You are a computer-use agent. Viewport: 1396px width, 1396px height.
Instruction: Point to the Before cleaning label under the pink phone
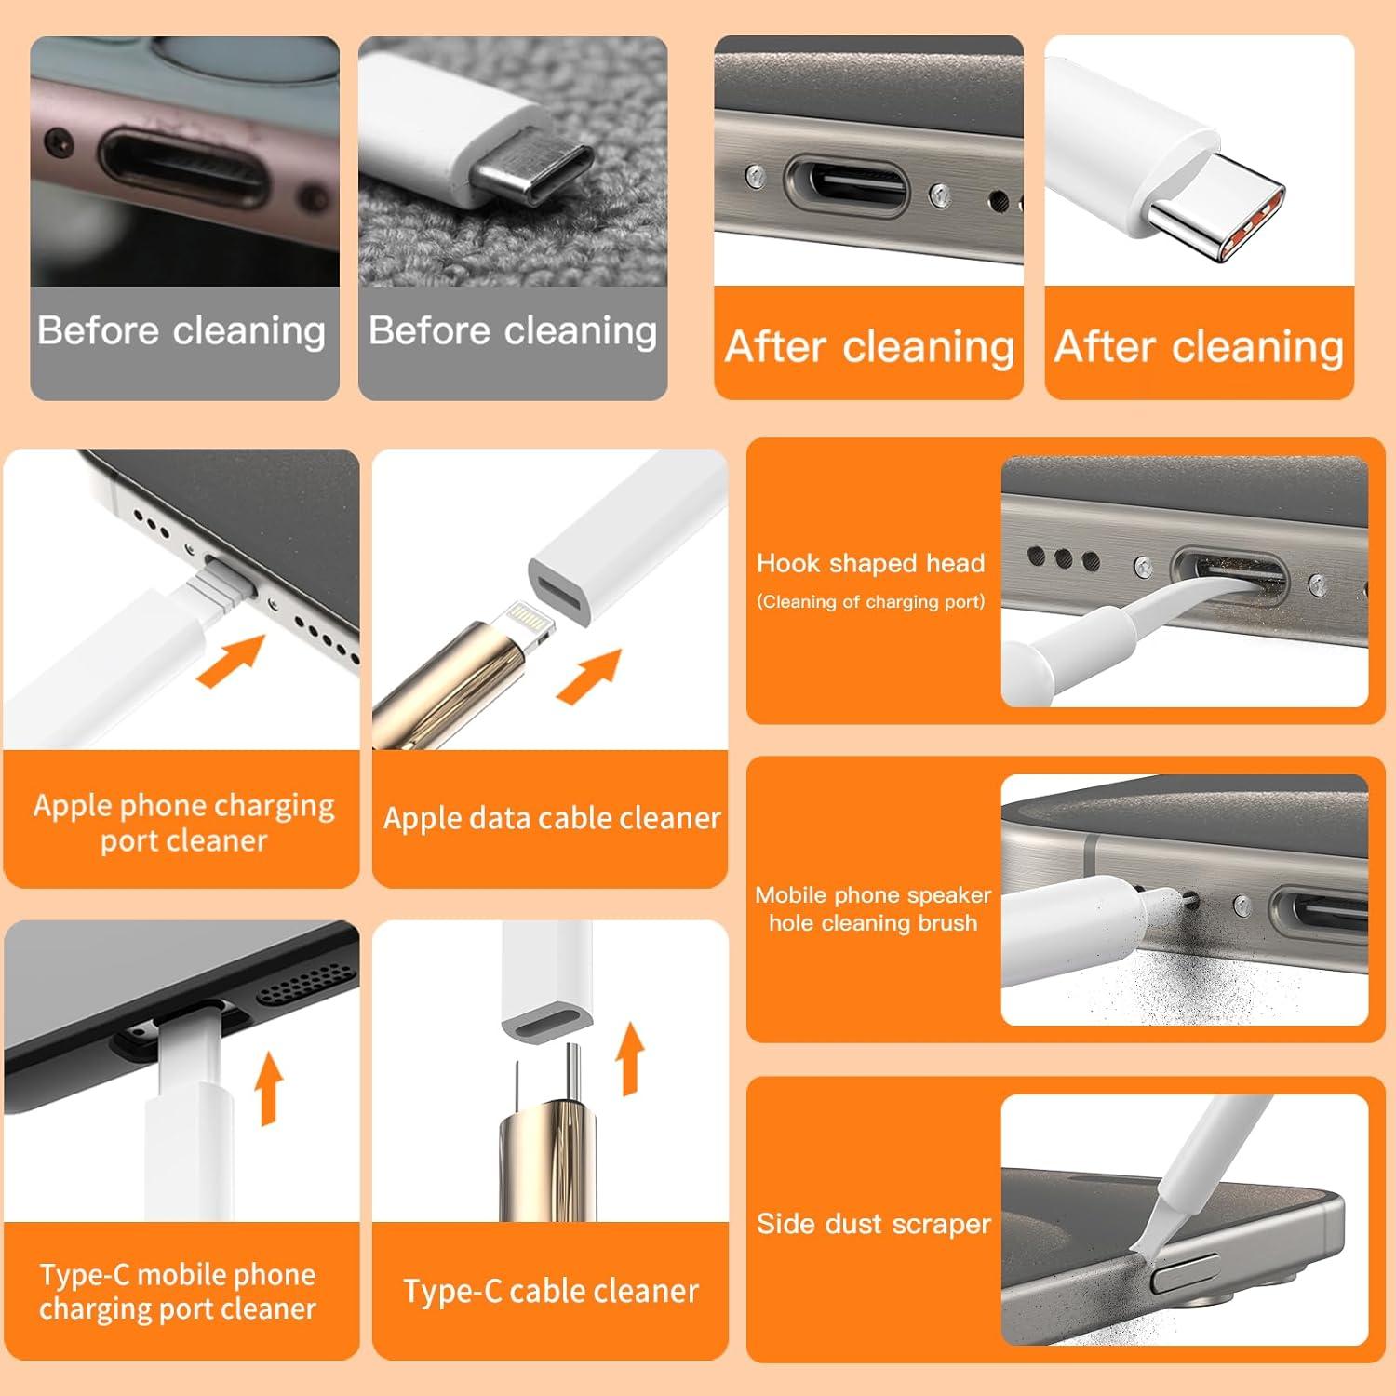click(x=181, y=331)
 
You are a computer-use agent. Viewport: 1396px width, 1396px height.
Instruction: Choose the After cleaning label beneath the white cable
click(x=1199, y=346)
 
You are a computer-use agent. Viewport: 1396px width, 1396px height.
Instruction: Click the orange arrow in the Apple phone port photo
click(x=231, y=660)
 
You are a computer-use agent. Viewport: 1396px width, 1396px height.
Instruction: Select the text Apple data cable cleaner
click(x=551, y=818)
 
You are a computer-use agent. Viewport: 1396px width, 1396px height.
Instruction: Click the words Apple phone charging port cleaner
click(x=183, y=823)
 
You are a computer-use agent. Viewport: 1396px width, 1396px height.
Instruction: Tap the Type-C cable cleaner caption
click(x=550, y=1292)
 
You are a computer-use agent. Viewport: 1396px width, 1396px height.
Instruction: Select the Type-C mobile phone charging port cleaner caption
click(x=178, y=1292)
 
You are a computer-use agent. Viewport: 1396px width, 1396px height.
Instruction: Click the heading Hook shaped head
click(x=870, y=563)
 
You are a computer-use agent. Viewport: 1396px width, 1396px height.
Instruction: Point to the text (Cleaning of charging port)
click(x=870, y=602)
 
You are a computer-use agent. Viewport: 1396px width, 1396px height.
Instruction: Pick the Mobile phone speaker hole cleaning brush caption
click(x=872, y=908)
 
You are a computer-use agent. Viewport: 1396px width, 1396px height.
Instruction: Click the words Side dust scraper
click(x=873, y=1223)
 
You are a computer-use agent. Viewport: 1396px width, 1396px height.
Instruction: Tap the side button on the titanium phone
click(x=1185, y=1272)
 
